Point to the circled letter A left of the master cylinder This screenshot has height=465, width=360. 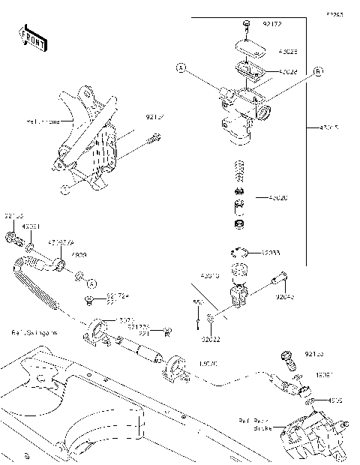pos(181,68)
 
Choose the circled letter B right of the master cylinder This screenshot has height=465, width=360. pos(317,71)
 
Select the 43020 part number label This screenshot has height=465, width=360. pos(279,198)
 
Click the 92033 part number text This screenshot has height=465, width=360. pos(271,253)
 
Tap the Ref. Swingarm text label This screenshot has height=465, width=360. pos(33,331)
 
